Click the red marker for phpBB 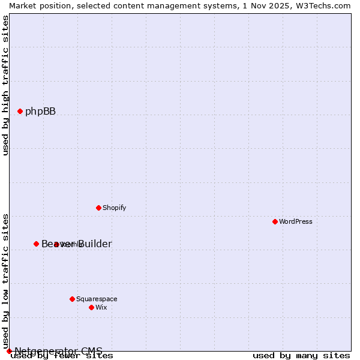[20, 111]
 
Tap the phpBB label [40, 111]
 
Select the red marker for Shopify [98, 208]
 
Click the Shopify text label [114, 208]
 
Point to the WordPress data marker [275, 221]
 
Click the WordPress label [296, 221]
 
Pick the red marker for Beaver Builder [36, 244]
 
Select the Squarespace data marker [72, 299]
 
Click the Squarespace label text [97, 299]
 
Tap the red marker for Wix [91, 307]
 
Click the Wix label [101, 307]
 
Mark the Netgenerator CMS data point [9, 351]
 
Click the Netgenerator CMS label [58, 350]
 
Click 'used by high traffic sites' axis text [6, 85]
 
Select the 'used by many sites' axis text [301, 356]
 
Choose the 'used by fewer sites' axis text [62, 356]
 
